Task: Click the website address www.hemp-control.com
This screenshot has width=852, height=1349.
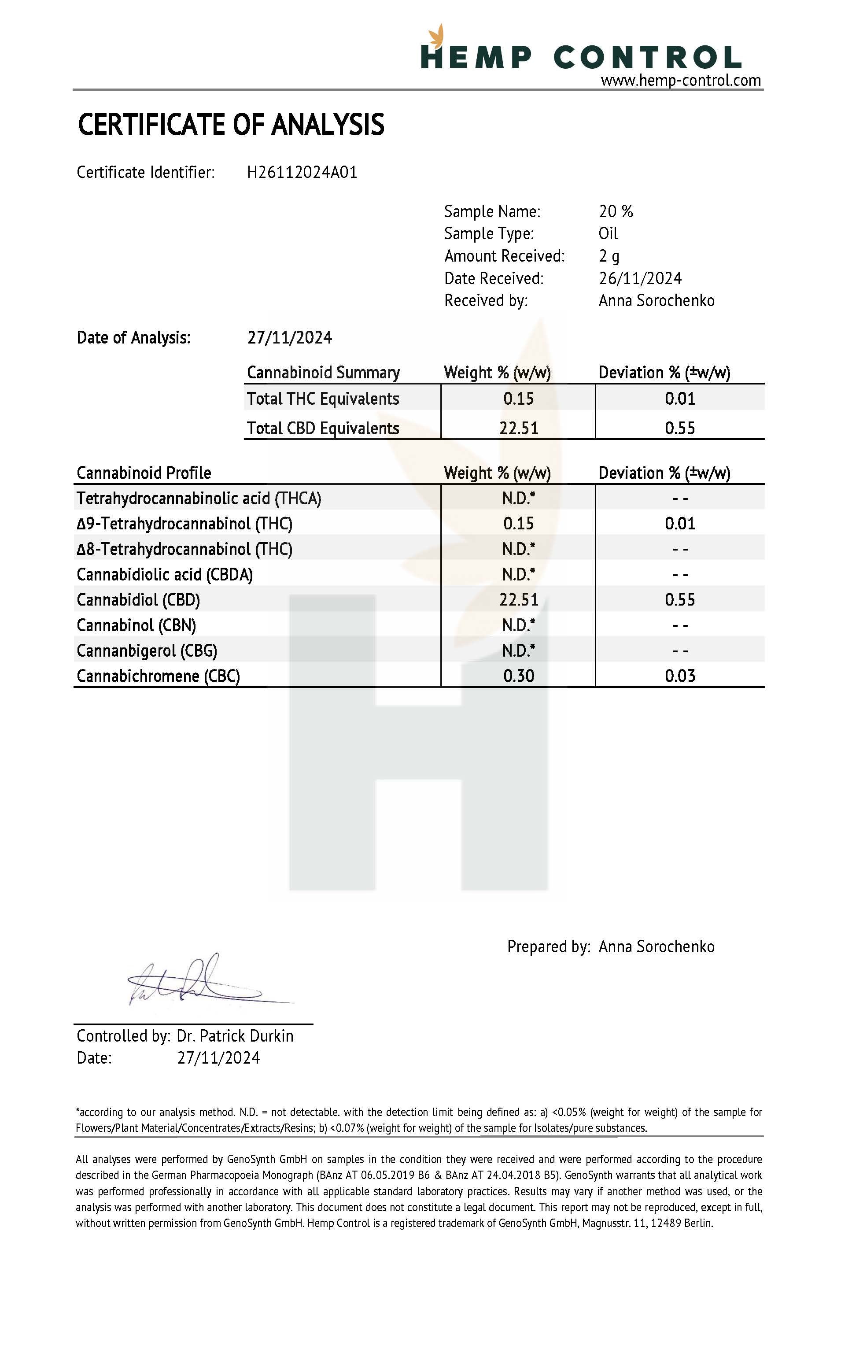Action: tap(681, 81)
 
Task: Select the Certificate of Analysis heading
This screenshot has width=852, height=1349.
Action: tap(231, 124)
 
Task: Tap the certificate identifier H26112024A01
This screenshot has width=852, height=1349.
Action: tap(302, 172)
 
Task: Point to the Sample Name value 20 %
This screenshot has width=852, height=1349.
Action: tap(616, 212)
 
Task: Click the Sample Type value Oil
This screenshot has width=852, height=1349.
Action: tap(608, 233)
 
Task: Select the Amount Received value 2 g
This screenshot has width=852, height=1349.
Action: tap(609, 256)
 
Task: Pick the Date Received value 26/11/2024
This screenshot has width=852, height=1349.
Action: tap(640, 278)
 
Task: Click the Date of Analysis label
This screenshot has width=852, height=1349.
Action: tap(133, 338)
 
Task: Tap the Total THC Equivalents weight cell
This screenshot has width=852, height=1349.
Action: tap(518, 399)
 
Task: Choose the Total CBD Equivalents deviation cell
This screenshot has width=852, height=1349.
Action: tap(679, 429)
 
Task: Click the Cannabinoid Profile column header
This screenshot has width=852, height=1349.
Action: tap(144, 473)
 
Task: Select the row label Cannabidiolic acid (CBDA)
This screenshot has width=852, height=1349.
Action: tap(165, 575)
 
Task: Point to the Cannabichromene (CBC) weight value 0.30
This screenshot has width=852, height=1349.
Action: tap(518, 676)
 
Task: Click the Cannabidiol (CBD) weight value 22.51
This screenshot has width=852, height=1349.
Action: tap(518, 600)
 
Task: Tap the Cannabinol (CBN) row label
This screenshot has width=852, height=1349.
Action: tap(136, 625)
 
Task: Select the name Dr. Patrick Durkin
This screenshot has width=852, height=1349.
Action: tap(235, 1036)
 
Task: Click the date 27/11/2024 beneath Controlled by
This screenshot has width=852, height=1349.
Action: tap(218, 1058)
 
